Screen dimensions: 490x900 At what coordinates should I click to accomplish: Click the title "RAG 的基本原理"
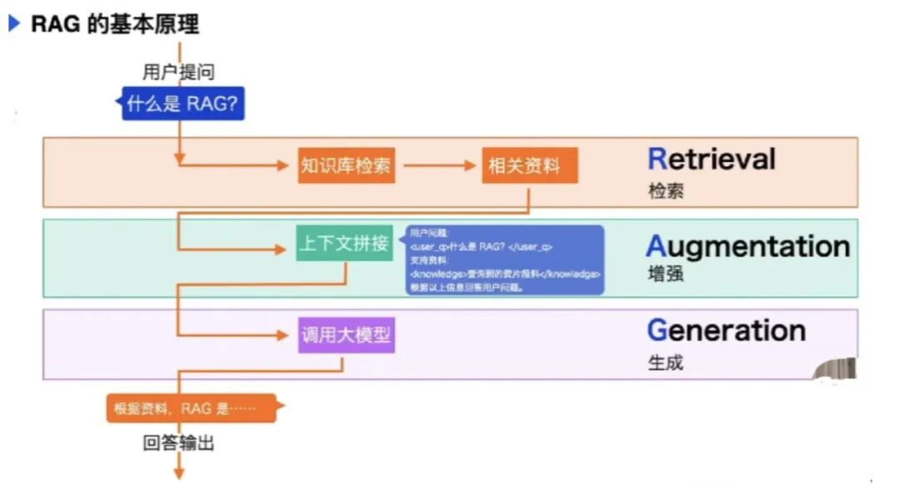tap(115, 24)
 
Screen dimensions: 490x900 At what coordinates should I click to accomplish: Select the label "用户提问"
tap(178, 72)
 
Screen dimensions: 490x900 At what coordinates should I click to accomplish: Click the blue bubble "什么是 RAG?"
tap(183, 104)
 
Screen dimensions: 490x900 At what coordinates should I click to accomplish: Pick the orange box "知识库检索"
tap(345, 165)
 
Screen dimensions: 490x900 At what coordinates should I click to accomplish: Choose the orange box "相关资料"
tap(529, 165)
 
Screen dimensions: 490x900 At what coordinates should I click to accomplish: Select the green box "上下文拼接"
tap(344, 244)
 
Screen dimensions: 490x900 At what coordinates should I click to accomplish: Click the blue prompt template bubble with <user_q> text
tap(505, 259)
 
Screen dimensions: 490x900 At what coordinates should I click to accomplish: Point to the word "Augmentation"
tap(747, 247)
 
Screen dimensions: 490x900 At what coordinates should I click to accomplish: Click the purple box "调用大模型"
tap(345, 336)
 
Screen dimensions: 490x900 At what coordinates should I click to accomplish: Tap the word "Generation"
tap(726, 331)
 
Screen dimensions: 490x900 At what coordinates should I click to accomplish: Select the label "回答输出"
tap(178, 443)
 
